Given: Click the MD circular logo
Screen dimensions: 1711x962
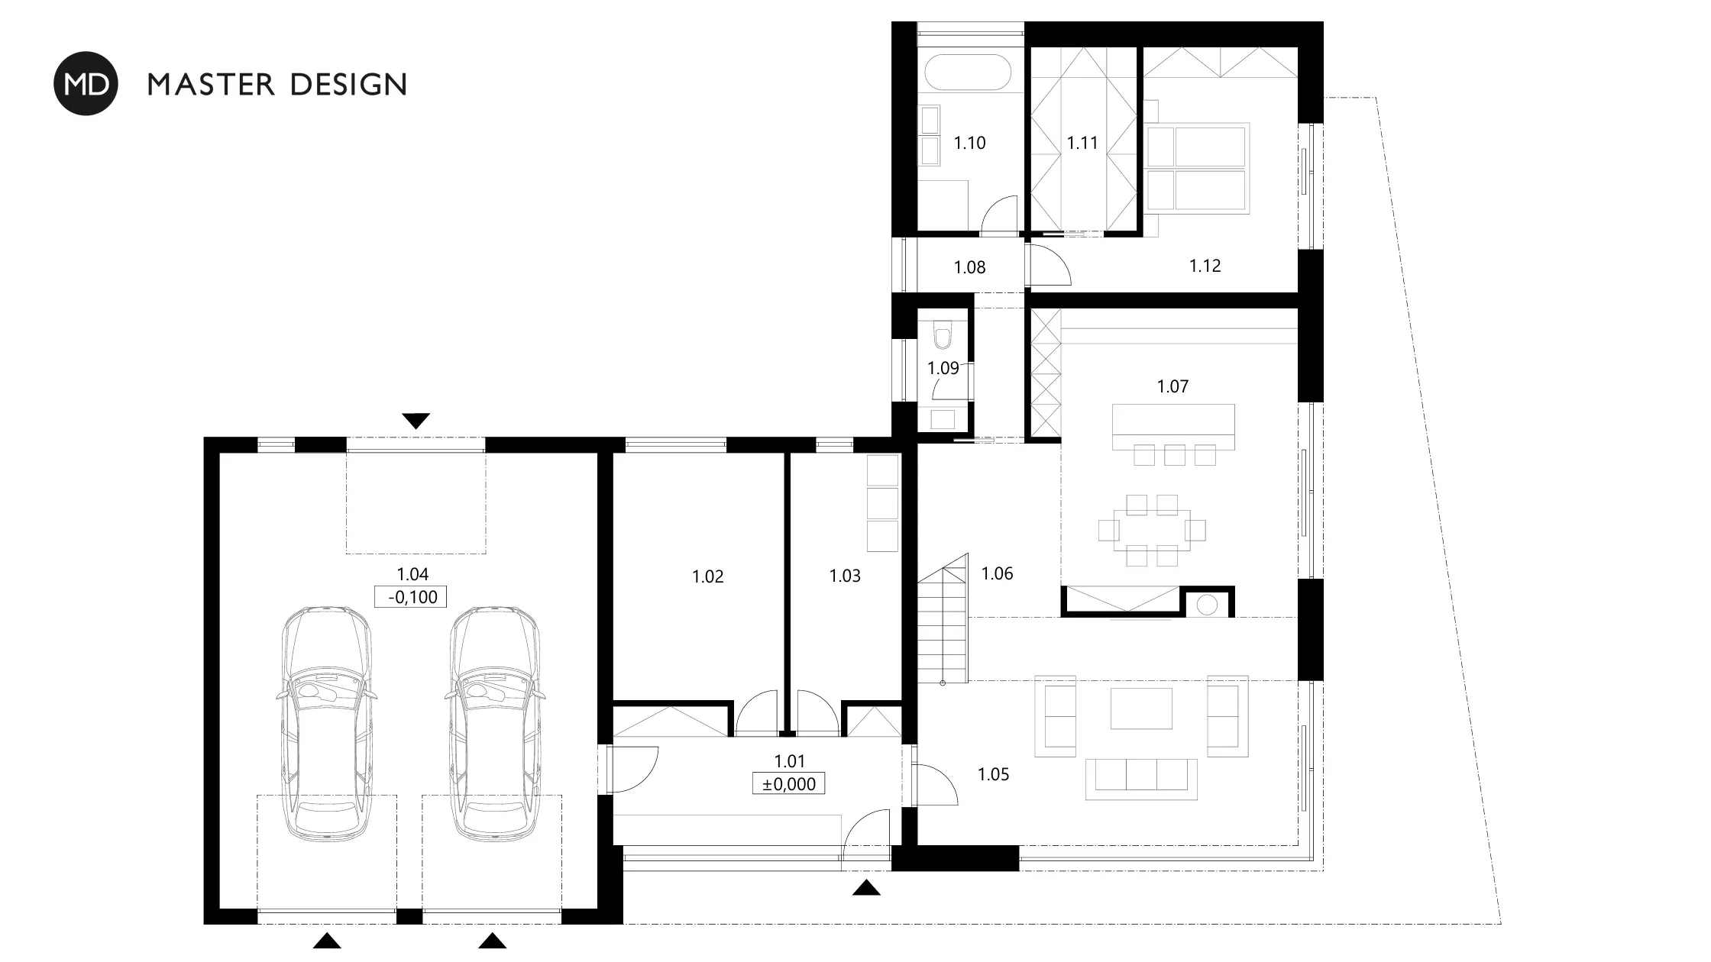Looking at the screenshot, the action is (86, 83).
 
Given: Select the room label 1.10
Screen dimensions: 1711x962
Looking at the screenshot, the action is (970, 143).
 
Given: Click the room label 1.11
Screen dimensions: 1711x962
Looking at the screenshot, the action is (1082, 143).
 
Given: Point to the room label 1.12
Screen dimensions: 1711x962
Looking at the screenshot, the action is (1205, 266).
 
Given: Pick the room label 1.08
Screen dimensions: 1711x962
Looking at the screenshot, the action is (970, 267).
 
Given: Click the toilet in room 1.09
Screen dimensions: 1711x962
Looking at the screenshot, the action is (943, 335).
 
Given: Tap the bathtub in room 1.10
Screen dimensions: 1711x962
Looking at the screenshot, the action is (969, 73).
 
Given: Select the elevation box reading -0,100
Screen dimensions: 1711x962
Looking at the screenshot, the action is (411, 597).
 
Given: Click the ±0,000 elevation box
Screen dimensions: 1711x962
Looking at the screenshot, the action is (789, 784).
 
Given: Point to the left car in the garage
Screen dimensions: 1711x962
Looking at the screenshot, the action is (327, 724).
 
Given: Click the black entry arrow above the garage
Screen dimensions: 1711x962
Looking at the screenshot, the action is (416, 421).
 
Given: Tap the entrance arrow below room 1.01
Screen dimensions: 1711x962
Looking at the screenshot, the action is (866, 887).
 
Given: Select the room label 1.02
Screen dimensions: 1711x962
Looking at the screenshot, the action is (708, 576).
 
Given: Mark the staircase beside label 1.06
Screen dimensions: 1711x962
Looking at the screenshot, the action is (943, 619).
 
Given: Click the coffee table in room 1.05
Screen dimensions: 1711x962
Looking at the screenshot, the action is (1141, 709).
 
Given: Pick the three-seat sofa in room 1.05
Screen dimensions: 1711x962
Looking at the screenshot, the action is (1141, 779).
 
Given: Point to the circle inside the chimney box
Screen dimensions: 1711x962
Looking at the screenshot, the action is (1207, 605).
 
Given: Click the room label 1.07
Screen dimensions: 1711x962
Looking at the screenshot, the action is (1173, 386).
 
